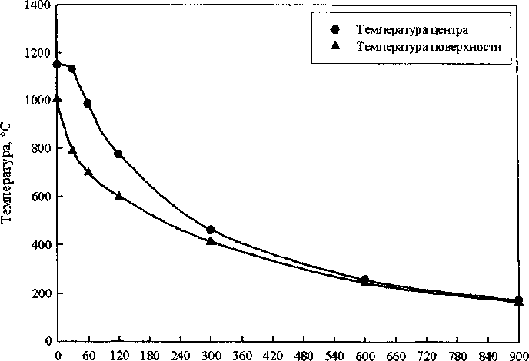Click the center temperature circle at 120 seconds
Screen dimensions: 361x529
click(118, 154)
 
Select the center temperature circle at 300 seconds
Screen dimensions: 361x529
click(211, 230)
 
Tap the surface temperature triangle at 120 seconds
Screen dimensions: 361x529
click(118, 196)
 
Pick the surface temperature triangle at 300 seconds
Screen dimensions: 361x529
click(211, 240)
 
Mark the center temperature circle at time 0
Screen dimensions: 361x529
click(57, 64)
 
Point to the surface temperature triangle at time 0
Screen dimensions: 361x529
click(57, 98)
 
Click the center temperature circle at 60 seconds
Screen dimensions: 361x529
click(88, 103)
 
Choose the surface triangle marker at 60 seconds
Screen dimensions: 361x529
click(88, 171)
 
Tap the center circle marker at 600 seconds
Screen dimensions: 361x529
click(364, 280)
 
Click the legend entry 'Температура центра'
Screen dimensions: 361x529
click(403, 30)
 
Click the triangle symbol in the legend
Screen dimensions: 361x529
click(334, 47)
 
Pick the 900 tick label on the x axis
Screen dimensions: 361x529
click(518, 354)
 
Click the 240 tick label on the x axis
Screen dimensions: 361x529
click(180, 354)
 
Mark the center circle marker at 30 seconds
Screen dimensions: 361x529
click(72, 69)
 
